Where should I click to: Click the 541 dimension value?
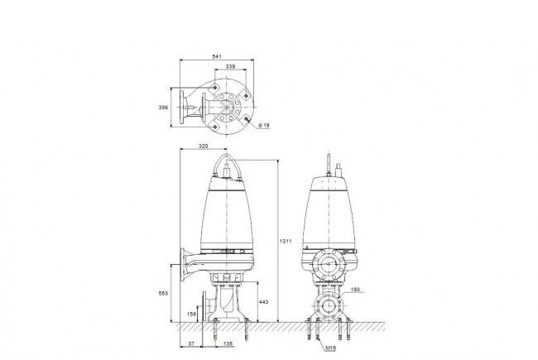pos(217,56)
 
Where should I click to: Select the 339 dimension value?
pos(231,66)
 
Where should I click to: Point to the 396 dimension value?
pos(163,108)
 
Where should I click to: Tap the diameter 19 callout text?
pos(264,126)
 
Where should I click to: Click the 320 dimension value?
pos(204,146)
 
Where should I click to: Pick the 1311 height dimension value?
pos(286,242)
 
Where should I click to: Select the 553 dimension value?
pos(163,294)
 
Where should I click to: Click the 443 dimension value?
pos(264,302)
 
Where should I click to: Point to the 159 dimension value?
pos(191,314)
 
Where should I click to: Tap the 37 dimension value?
pos(191,343)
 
